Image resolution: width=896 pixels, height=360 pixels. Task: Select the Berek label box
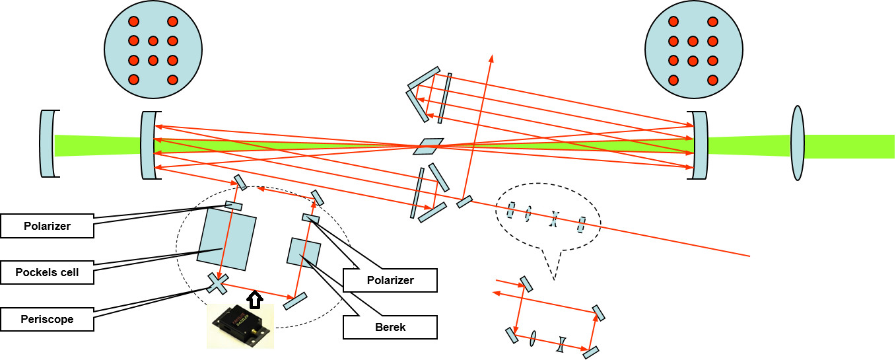[390, 327]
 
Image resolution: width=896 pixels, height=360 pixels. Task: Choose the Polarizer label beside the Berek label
[390, 280]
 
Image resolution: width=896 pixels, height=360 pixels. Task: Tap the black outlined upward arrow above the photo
[256, 300]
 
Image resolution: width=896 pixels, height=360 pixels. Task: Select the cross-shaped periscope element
[218, 283]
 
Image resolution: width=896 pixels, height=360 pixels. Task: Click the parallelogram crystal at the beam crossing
[429, 146]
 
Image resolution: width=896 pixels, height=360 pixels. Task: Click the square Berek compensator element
[304, 253]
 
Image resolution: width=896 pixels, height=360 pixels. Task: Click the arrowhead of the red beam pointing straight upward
[490, 57]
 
